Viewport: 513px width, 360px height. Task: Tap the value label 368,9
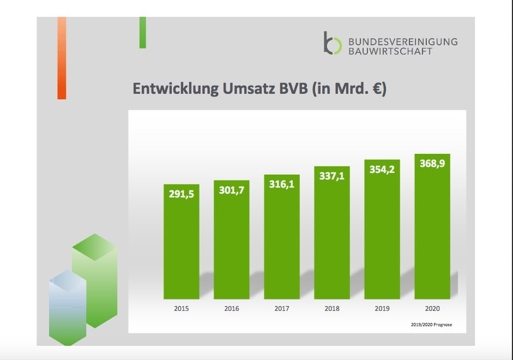click(432, 163)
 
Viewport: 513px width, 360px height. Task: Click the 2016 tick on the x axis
click(232, 309)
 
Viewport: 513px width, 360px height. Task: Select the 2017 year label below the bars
click(282, 309)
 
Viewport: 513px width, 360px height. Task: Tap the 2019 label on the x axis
click(382, 309)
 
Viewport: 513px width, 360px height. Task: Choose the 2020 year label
click(432, 309)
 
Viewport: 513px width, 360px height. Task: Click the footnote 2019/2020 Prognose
click(432, 325)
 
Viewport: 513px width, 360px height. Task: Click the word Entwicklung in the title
click(176, 89)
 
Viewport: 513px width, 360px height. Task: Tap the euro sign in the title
click(376, 89)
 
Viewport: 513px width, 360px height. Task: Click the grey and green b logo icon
click(332, 43)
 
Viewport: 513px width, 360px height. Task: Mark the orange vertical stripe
click(62, 58)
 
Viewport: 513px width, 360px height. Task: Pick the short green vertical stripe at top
click(142, 32)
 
